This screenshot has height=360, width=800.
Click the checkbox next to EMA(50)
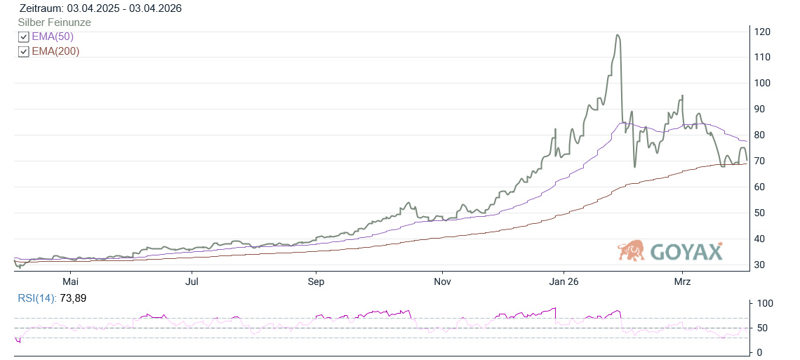coord(24,37)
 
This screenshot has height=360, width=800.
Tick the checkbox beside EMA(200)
coord(24,52)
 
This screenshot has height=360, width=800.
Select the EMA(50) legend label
coord(53,37)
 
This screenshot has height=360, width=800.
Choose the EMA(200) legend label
coord(55,52)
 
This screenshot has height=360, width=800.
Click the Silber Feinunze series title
coord(54,22)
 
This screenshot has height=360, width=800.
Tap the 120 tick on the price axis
coord(763,32)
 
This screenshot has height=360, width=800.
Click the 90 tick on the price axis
coord(760,109)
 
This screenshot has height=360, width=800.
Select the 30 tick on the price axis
coord(760,265)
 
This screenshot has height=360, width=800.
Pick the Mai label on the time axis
coord(70,281)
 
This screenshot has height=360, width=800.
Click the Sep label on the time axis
coord(316,281)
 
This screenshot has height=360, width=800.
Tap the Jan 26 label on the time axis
coord(563,281)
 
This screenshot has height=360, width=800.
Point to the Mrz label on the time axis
coord(682,281)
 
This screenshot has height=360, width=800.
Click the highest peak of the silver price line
coord(618,35)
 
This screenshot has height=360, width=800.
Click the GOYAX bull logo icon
coord(632,251)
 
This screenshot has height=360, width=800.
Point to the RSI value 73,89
coord(72,298)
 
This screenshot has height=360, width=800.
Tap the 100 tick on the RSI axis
coord(763,304)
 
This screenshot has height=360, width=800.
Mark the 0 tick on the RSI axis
coord(758,352)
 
